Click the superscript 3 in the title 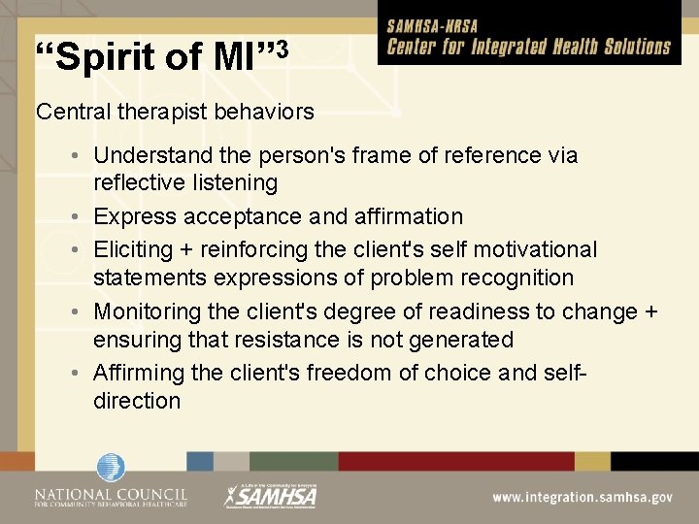click(x=281, y=48)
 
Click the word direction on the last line click(x=137, y=401)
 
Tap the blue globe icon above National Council click(x=111, y=468)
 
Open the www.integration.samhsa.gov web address click(x=582, y=497)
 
